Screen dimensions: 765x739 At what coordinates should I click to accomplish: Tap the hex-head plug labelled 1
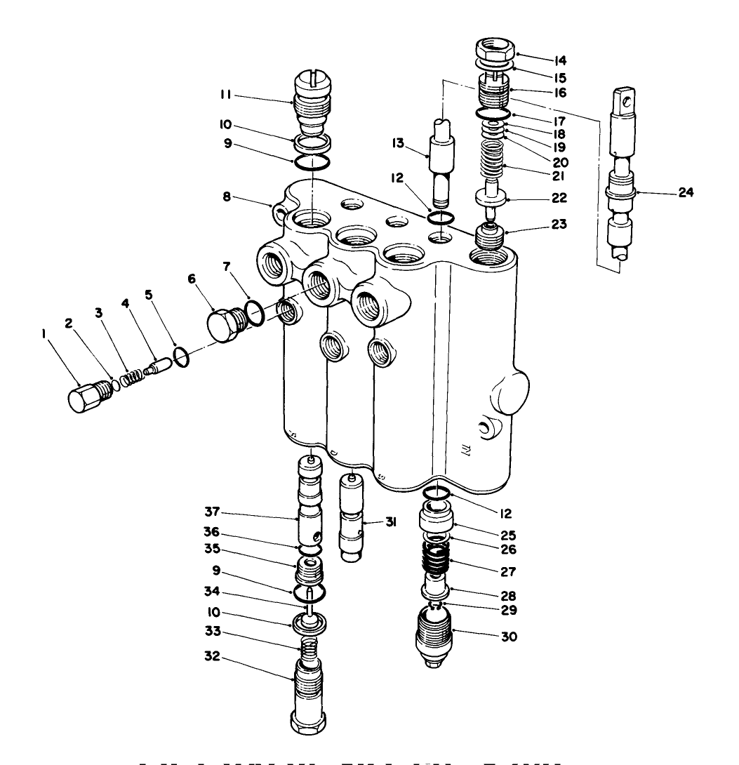(x=86, y=397)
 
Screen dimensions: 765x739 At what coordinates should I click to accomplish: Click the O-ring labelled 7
(x=255, y=312)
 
